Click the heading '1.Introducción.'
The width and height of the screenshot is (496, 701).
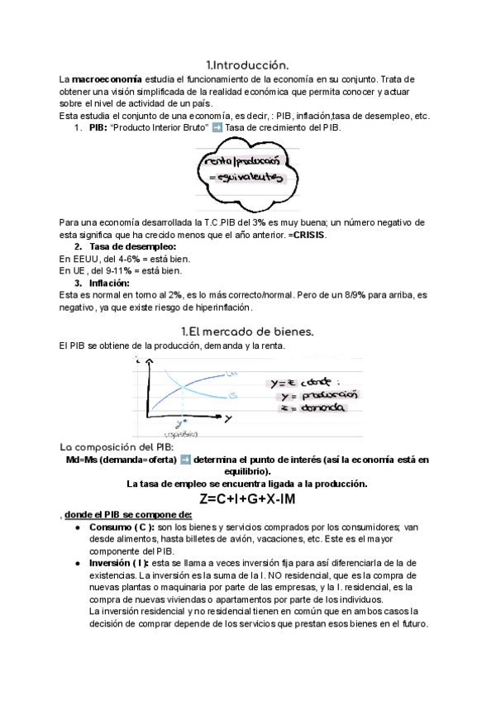pos(247,64)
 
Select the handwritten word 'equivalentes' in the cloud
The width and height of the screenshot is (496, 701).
pos(245,178)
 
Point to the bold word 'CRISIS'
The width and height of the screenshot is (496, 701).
pos(308,235)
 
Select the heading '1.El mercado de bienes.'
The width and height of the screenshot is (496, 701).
pos(247,331)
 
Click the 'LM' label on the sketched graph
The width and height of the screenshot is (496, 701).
pos(233,375)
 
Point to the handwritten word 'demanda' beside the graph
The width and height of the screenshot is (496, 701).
pos(323,408)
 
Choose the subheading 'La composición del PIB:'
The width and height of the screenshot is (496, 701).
pos(116,446)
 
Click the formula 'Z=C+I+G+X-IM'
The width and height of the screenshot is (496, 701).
pos(247,499)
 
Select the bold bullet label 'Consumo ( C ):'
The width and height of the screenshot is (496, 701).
pos(122,527)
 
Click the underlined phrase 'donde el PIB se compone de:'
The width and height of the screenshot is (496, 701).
pos(128,514)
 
